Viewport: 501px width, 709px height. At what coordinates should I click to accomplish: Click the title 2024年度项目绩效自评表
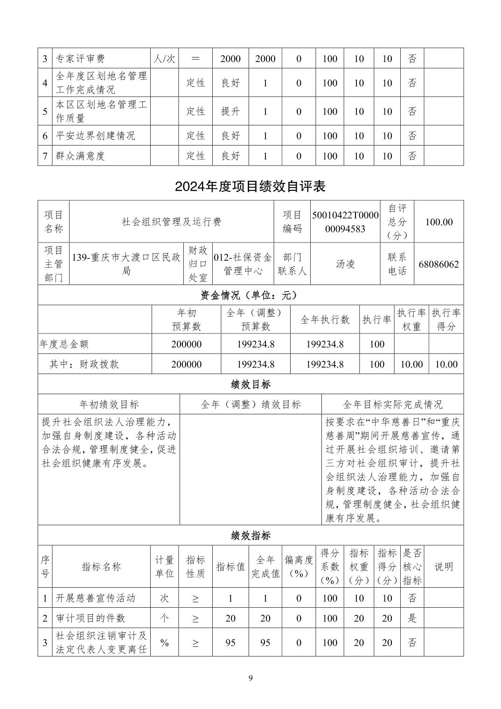[250, 187]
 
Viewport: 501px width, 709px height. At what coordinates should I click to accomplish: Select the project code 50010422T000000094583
[345, 222]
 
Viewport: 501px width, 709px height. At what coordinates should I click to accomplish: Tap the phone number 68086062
[438, 264]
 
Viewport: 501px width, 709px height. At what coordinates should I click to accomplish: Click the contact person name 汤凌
[345, 264]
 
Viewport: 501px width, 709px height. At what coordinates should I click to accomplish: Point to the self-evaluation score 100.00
[438, 222]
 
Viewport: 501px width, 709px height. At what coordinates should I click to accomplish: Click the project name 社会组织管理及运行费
[171, 222]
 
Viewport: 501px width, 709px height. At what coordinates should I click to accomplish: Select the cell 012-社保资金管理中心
[243, 264]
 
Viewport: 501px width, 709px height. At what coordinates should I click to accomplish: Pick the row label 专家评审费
[80, 59]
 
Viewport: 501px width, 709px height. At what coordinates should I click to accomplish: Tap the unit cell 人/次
[164, 59]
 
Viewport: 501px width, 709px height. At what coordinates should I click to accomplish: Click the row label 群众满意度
[80, 156]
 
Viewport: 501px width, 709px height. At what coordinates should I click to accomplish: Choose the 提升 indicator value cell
[230, 111]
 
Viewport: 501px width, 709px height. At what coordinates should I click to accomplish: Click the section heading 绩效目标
[250, 384]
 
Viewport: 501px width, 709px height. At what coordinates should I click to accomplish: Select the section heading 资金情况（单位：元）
[250, 295]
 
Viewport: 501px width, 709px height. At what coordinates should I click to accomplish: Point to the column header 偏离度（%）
[299, 566]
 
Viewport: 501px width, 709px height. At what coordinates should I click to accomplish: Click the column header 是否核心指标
[412, 566]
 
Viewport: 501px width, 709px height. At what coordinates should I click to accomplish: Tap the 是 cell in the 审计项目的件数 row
[412, 618]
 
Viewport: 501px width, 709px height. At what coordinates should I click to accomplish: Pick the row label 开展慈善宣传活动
[96, 598]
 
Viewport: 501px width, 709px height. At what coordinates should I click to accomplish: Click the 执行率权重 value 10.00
[411, 364]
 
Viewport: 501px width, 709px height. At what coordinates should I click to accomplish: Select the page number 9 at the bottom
[250, 678]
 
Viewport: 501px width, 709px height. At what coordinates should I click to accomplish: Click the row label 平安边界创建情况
[96, 136]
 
